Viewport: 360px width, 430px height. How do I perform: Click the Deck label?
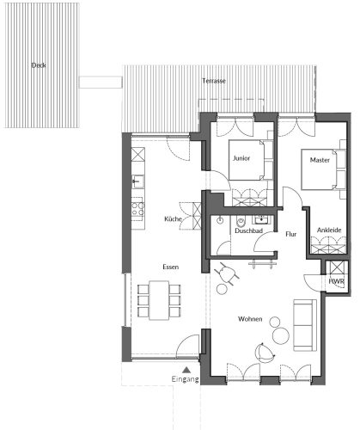tap(39, 65)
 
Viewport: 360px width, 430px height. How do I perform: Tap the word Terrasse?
tap(214, 81)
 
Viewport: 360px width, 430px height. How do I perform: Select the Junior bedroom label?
tap(241, 158)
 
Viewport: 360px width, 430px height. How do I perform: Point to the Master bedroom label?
tap(320, 160)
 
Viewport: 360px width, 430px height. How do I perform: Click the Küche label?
tap(173, 219)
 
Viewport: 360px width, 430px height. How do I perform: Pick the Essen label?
tap(171, 267)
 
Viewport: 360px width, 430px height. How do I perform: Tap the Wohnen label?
tap(250, 319)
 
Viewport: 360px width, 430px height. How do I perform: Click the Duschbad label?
tap(248, 230)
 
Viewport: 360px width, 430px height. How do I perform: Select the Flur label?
tap(291, 234)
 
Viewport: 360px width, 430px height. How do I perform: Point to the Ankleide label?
tap(329, 230)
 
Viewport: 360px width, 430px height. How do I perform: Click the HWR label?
tap(337, 281)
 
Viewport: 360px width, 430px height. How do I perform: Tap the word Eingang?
tap(185, 379)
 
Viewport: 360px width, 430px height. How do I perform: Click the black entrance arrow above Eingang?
tap(186, 370)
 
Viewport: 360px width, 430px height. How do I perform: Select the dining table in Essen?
tap(159, 300)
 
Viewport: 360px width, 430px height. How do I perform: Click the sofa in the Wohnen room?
tap(305, 325)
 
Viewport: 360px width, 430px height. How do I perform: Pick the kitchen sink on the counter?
tap(137, 181)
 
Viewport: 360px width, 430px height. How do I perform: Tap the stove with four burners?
tap(137, 209)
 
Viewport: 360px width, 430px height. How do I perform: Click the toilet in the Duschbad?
tap(241, 221)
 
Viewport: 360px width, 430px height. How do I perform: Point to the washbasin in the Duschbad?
tap(261, 220)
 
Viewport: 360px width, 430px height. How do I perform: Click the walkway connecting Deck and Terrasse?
tap(101, 82)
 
